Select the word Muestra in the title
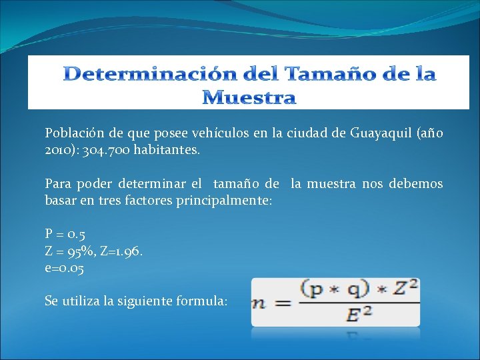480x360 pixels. [x=249, y=98]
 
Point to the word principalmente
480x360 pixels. [x=223, y=201]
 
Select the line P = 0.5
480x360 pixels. [x=65, y=234]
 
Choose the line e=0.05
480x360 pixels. [x=65, y=268]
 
